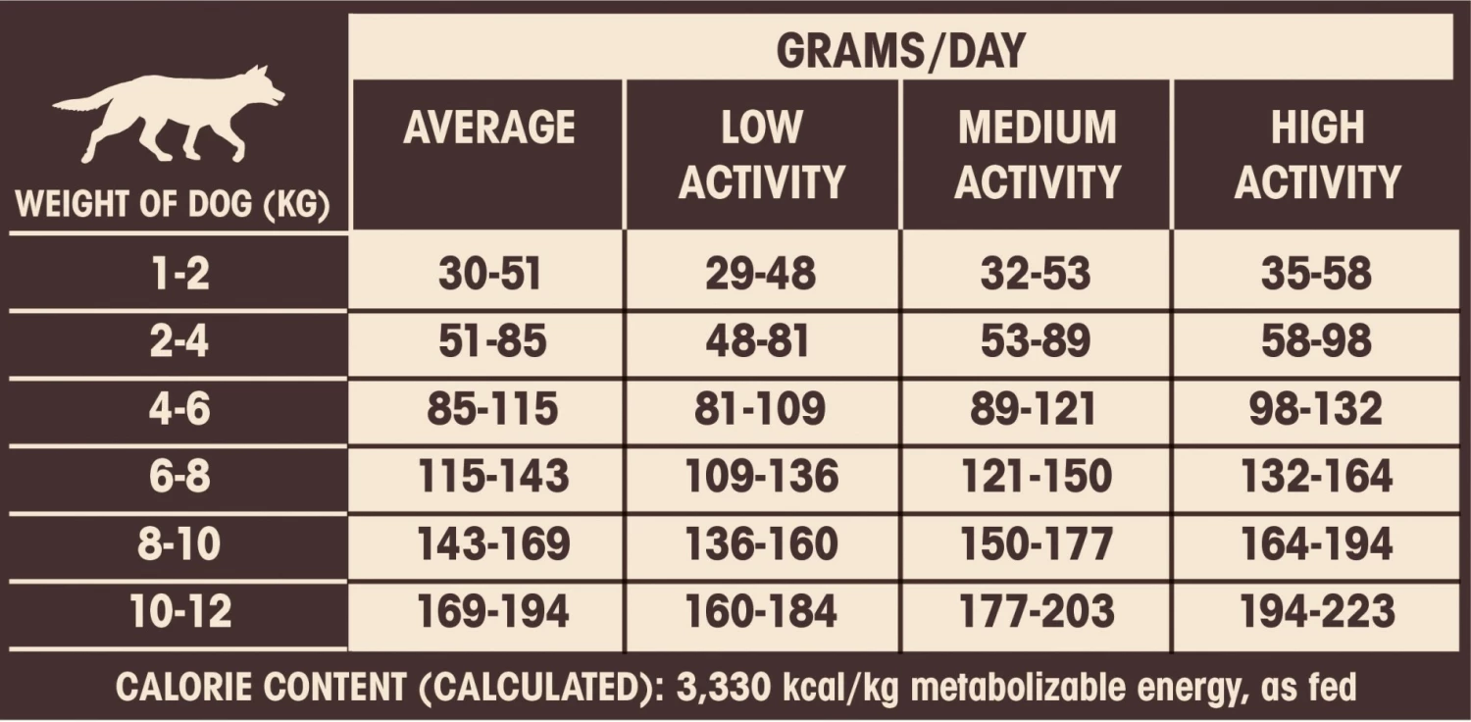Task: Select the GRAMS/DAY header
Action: [x=900, y=50]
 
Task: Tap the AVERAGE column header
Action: [x=488, y=129]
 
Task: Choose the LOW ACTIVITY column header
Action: [x=761, y=154]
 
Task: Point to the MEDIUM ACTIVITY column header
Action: [x=1038, y=154]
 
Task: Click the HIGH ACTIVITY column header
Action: [x=1317, y=154]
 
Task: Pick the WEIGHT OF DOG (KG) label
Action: [x=172, y=207]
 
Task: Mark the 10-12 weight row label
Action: [x=180, y=612]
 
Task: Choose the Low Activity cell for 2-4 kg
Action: [x=760, y=342]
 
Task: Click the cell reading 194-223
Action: [x=1316, y=612]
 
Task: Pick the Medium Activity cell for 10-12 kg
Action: [x=1036, y=612]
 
